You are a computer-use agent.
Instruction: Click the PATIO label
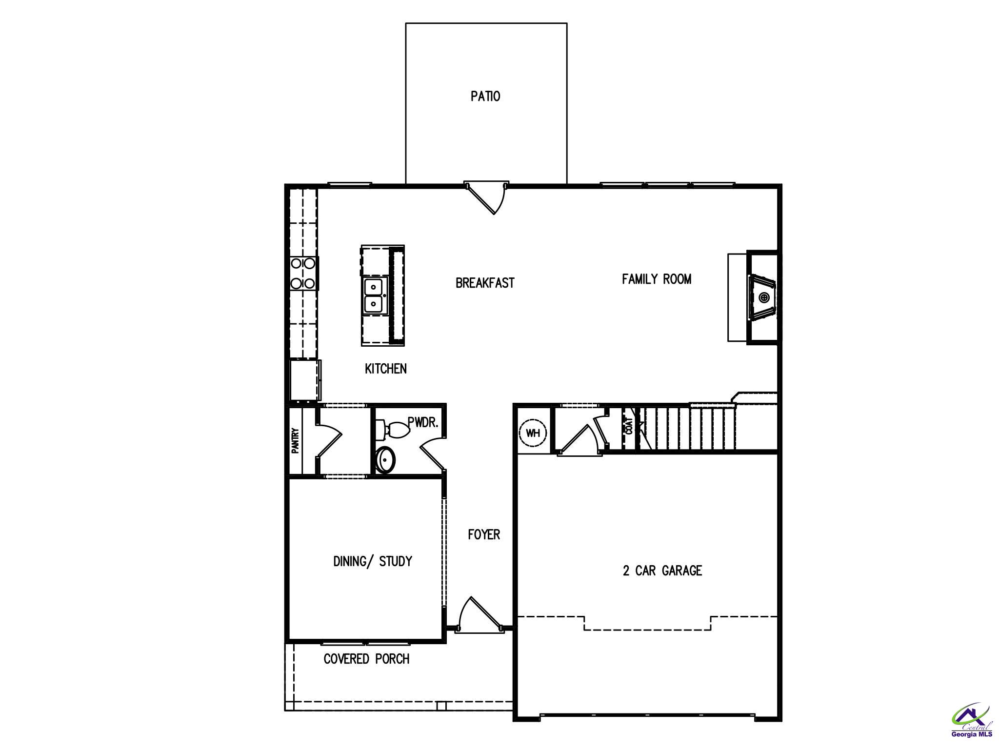[x=485, y=97]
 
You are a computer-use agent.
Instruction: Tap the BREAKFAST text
[x=485, y=283]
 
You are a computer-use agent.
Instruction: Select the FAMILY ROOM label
[x=656, y=279]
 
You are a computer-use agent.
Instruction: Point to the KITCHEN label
[x=385, y=369]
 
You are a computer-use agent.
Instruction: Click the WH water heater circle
[x=533, y=433]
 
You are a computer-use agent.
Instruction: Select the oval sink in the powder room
[x=386, y=459]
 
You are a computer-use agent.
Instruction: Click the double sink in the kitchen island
[x=374, y=296]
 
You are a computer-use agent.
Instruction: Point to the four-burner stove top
[x=303, y=274]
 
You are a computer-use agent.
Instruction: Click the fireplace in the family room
[x=762, y=297]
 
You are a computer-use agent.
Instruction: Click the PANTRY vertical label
[x=295, y=441]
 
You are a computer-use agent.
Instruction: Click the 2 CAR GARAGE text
[x=662, y=571]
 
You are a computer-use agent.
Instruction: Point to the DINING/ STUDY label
[x=373, y=562]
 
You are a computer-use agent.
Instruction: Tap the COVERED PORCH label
[x=366, y=659]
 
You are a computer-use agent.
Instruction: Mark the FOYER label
[x=484, y=535]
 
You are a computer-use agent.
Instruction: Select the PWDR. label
[x=423, y=422]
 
